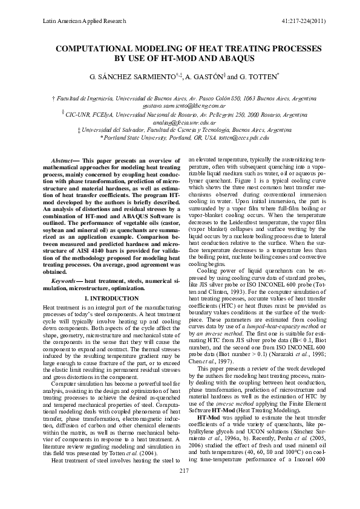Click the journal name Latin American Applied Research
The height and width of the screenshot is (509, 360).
tap(84, 21)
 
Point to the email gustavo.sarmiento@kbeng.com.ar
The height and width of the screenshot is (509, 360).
tap(180, 105)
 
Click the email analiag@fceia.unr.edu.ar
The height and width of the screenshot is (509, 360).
tap(180, 122)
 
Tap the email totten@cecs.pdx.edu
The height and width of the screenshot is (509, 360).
tap(241, 138)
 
